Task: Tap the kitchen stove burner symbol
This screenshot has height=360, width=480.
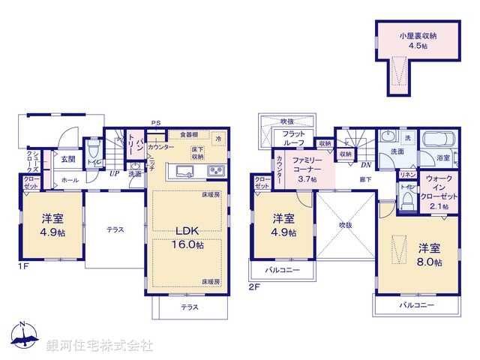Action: tap(216, 171)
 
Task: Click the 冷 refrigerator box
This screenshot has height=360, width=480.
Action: tap(218, 139)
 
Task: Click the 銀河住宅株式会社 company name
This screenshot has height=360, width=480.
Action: tap(99, 346)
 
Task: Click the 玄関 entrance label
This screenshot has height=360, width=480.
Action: tap(67, 159)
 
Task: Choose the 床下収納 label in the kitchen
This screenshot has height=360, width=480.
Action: tap(197, 152)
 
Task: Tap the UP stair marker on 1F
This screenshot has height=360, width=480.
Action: tap(114, 174)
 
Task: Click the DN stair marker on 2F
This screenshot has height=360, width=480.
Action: tap(367, 165)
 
